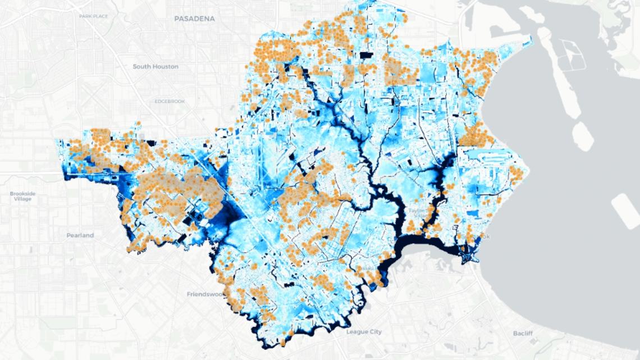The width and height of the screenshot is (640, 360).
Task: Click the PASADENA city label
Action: [195, 19]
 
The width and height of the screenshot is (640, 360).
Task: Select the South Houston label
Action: [156, 66]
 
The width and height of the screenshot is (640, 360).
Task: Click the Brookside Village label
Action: [22, 197]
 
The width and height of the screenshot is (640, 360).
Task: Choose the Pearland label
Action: [79, 235]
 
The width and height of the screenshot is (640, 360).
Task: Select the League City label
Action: [363, 332]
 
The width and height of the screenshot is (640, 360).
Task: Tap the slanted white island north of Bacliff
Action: [625, 210]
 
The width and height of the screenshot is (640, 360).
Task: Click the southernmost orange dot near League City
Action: [284, 341]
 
